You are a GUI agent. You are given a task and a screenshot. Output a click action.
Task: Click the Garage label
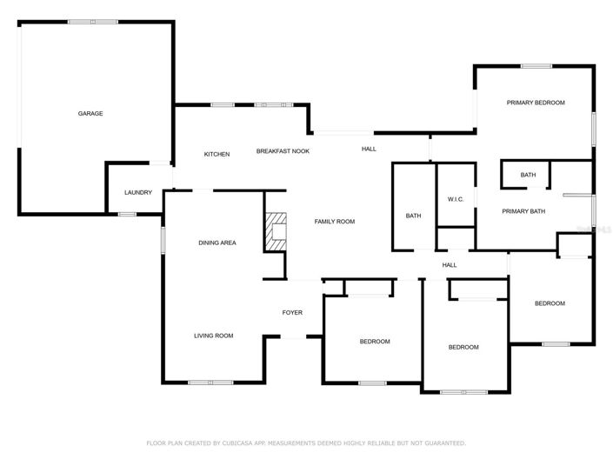point(90,113)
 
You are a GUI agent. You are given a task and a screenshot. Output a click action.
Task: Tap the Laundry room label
point(138,193)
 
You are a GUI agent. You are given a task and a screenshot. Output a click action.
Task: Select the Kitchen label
point(217,154)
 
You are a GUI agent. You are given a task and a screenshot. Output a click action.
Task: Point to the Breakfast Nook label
point(283,151)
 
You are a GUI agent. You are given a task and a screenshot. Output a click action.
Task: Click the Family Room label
point(335,222)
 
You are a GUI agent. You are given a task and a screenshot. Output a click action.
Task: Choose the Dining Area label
point(217,243)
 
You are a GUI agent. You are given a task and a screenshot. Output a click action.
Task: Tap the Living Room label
point(213,336)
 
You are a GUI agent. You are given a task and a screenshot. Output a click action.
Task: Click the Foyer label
point(292,313)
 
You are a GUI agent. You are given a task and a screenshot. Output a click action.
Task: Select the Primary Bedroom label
point(536,103)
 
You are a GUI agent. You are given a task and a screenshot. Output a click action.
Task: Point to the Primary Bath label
point(523,211)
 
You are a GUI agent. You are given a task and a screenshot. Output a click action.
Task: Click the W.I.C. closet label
point(456,199)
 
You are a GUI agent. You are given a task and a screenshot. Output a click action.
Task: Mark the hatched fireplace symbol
point(276,232)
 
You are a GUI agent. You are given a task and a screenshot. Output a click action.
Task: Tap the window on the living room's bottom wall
point(210,382)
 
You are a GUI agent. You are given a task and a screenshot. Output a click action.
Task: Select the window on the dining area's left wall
point(163,240)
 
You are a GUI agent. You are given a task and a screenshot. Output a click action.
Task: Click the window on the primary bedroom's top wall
point(536,66)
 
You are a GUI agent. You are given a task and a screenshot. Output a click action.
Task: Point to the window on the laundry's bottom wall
point(127,214)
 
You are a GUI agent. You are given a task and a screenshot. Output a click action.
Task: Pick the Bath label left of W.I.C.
point(414,216)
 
